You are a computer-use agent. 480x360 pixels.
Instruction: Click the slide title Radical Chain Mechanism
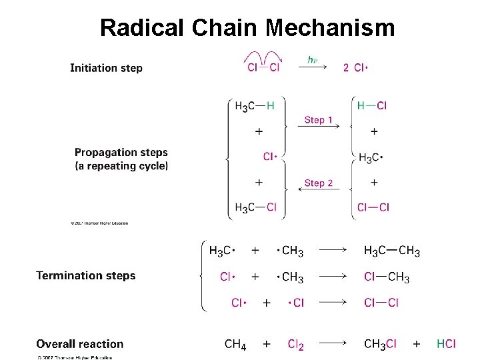(247, 27)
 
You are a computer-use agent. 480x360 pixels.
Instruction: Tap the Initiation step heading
(106, 67)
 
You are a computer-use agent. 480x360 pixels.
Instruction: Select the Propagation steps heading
(121, 153)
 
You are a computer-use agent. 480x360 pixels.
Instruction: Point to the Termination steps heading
(86, 275)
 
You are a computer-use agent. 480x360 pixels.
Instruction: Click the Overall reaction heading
(80, 344)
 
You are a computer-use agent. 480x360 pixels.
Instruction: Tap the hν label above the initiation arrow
(312, 60)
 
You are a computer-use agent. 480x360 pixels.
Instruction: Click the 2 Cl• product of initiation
(356, 67)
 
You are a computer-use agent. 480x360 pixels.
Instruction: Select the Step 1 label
(319, 120)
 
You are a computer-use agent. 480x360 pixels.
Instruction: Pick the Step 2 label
(319, 183)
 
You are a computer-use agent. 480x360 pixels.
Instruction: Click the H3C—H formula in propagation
(255, 106)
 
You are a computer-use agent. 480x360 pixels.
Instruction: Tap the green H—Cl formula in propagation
(372, 106)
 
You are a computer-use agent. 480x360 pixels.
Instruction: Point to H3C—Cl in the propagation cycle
(255, 208)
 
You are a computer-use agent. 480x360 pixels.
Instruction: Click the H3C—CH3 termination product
(392, 251)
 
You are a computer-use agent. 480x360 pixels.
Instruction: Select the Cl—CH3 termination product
(387, 277)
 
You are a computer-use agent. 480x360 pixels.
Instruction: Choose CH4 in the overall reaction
(235, 345)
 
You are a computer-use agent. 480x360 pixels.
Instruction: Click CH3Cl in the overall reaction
(381, 345)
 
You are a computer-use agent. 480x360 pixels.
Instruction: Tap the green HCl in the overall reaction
(446, 344)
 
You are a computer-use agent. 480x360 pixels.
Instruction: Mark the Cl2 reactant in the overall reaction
(296, 345)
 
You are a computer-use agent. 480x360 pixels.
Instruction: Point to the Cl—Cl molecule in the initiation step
(263, 67)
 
